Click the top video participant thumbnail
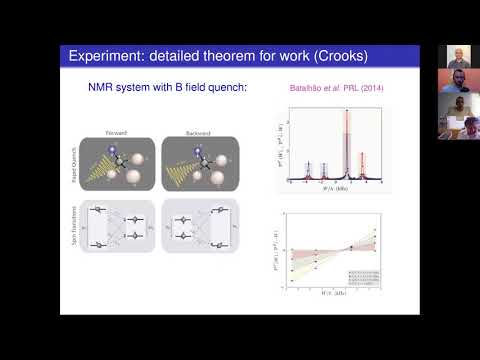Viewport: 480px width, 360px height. point(456,54)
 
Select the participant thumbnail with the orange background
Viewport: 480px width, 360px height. point(456,86)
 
